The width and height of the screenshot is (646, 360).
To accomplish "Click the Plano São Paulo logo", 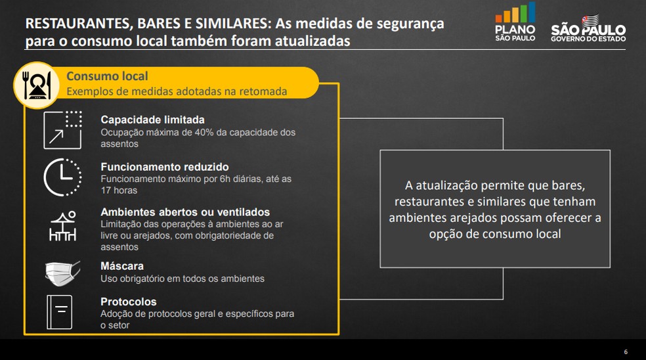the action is [515, 22].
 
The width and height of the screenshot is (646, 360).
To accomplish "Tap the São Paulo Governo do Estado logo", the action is [588, 28].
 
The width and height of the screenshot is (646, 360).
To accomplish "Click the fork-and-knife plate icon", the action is [37, 85].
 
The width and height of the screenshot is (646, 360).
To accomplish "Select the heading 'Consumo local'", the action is [107, 76].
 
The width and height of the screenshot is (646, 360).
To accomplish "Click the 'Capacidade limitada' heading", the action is [152, 120].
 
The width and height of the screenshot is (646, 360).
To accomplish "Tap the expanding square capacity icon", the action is [62, 130].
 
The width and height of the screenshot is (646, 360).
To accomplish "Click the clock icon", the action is [62, 177].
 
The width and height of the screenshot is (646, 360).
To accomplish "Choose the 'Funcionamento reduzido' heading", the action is [165, 167].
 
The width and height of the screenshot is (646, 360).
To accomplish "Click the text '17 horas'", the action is [119, 190].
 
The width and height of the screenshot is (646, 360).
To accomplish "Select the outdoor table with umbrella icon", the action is [62, 225].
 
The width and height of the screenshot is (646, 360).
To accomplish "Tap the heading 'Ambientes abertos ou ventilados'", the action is [185, 212].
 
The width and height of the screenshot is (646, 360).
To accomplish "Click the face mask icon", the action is [62, 273].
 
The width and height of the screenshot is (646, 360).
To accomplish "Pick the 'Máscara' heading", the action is [122, 266].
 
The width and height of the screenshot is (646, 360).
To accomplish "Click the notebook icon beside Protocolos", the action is [59, 312].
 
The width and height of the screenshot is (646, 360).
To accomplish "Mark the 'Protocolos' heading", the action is [129, 302].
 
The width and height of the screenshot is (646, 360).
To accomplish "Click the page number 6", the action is [626, 351].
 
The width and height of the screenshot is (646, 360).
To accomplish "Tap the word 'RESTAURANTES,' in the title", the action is [79, 24].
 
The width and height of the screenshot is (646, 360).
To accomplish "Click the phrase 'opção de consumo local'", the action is [495, 234].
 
